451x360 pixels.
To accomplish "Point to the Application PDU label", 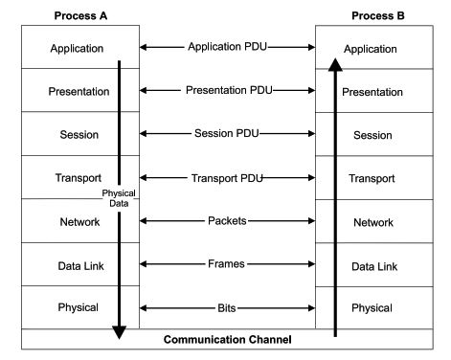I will click(x=227, y=45).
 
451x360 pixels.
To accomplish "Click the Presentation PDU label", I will click(x=227, y=90).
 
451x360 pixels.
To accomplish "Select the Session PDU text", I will click(x=227, y=133).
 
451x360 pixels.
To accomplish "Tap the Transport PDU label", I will click(x=227, y=177).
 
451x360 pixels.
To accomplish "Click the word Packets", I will click(x=227, y=220).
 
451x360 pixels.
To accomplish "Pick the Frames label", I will click(x=227, y=263).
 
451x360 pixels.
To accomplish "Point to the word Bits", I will click(x=227, y=307).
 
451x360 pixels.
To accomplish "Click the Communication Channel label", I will click(x=227, y=339).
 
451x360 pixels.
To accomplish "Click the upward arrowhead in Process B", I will click(x=335, y=65).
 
